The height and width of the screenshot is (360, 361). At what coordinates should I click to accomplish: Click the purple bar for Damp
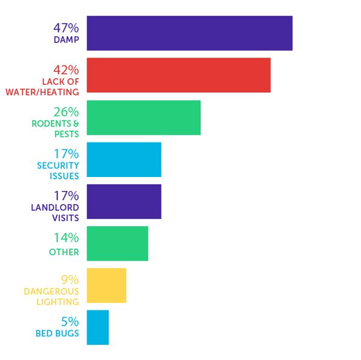[189, 33]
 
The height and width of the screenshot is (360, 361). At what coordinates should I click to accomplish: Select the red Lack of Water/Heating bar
[178, 75]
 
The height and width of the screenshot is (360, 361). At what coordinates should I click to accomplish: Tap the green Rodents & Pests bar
[144, 118]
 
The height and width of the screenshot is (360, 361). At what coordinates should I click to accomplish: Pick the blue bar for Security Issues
[124, 159]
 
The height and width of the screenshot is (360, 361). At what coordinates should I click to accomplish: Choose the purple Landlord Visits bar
[124, 201]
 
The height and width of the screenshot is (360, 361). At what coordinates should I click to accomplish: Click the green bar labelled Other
[118, 244]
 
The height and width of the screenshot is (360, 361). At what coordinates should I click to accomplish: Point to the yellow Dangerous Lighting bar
[106, 285]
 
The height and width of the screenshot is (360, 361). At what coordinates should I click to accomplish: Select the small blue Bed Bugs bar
[98, 327]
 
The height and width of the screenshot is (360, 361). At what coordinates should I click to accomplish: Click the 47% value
[66, 28]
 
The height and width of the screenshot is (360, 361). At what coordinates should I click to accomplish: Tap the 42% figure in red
[66, 70]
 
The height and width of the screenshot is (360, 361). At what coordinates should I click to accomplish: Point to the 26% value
[66, 112]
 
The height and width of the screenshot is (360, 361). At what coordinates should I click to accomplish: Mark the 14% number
[67, 238]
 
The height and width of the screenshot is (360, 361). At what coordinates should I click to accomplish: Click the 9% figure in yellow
[70, 280]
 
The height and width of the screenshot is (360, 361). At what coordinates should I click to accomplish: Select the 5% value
[70, 322]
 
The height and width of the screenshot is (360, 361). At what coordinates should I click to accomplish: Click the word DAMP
[67, 40]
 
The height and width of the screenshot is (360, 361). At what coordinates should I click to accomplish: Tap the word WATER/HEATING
[42, 92]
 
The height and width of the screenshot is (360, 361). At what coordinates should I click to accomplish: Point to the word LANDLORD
[55, 207]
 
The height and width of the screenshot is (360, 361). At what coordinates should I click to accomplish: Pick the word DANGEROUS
[52, 292]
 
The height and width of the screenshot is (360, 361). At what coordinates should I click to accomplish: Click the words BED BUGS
[57, 333]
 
